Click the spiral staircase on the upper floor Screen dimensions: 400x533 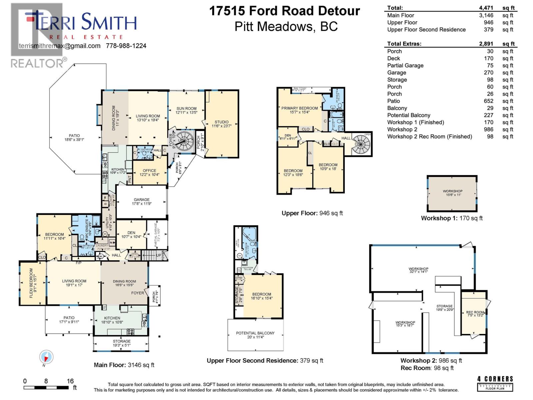coord(361,144)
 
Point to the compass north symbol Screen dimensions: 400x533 coord(46,358)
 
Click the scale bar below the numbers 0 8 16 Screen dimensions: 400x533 coord(46,388)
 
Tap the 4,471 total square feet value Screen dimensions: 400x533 coord(486,8)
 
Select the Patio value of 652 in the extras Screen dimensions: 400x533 coord(488,101)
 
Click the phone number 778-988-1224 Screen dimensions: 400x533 coord(126,46)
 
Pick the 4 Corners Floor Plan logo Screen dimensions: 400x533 coord(495,383)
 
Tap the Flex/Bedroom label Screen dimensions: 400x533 coord(32,283)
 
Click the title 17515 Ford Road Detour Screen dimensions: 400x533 coord(284,11)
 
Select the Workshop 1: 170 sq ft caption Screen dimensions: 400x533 coord(452,218)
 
